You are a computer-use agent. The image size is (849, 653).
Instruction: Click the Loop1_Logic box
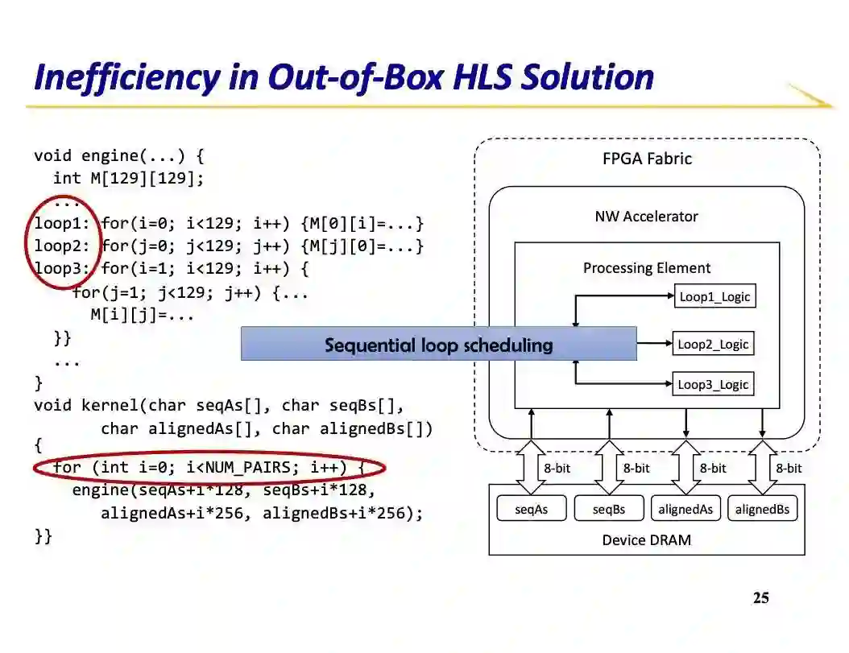click(x=714, y=297)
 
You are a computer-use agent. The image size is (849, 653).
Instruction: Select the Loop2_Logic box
click(x=713, y=345)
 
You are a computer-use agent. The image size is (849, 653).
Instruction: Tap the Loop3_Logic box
click(x=713, y=385)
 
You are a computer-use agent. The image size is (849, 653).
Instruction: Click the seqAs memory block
click(x=531, y=509)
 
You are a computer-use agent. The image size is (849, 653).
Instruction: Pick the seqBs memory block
click(x=608, y=509)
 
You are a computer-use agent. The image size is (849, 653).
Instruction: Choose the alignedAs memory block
click(x=685, y=509)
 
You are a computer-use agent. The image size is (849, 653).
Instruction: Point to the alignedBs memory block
click(x=762, y=509)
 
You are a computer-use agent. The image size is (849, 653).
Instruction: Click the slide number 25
click(x=760, y=598)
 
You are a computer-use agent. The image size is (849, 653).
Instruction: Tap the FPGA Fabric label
click(x=647, y=159)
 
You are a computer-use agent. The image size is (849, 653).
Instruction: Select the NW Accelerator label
click(x=646, y=217)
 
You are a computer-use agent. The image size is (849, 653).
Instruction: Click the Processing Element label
click(x=647, y=268)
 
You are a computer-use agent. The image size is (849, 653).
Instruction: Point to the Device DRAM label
click(x=646, y=540)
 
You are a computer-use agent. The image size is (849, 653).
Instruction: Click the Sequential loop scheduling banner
click(x=438, y=345)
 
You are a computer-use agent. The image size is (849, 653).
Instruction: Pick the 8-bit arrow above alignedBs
click(x=762, y=468)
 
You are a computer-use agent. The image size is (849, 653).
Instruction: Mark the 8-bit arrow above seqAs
click(x=531, y=468)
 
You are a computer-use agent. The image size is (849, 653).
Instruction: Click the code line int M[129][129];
click(x=129, y=178)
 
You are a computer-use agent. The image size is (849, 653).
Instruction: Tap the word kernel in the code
click(x=110, y=406)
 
